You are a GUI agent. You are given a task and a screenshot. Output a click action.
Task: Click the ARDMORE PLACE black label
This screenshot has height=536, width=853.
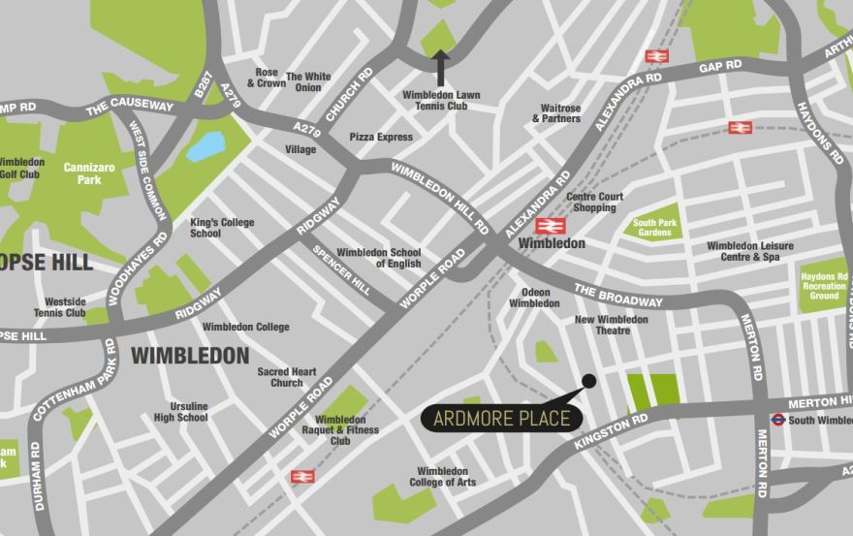[502, 419]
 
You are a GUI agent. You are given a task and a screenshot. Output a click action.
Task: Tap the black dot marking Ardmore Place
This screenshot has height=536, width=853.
[588, 380]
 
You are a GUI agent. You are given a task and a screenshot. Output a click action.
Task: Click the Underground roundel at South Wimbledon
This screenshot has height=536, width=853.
[777, 420]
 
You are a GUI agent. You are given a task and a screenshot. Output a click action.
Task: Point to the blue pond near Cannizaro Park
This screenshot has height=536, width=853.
[205, 145]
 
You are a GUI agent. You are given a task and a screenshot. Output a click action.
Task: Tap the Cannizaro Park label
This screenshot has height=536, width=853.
[88, 173]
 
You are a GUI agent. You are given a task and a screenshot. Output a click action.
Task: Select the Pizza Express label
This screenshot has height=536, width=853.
[381, 138]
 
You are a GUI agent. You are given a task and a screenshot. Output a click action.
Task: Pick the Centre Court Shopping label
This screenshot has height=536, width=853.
[594, 203]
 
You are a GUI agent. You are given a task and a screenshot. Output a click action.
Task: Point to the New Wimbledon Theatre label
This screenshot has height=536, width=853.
[611, 325]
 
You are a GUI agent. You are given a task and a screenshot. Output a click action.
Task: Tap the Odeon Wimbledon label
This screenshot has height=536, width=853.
[535, 298]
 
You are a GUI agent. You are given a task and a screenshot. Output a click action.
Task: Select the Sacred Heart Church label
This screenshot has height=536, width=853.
[287, 377]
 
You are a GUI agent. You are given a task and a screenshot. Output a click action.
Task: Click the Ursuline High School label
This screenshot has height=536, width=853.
[181, 412]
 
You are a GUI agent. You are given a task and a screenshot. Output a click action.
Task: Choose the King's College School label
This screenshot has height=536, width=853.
[222, 228]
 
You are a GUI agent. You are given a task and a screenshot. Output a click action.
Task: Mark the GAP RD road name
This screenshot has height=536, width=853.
[720, 67]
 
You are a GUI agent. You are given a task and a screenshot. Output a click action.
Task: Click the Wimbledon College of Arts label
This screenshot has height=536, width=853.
[442, 477]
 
